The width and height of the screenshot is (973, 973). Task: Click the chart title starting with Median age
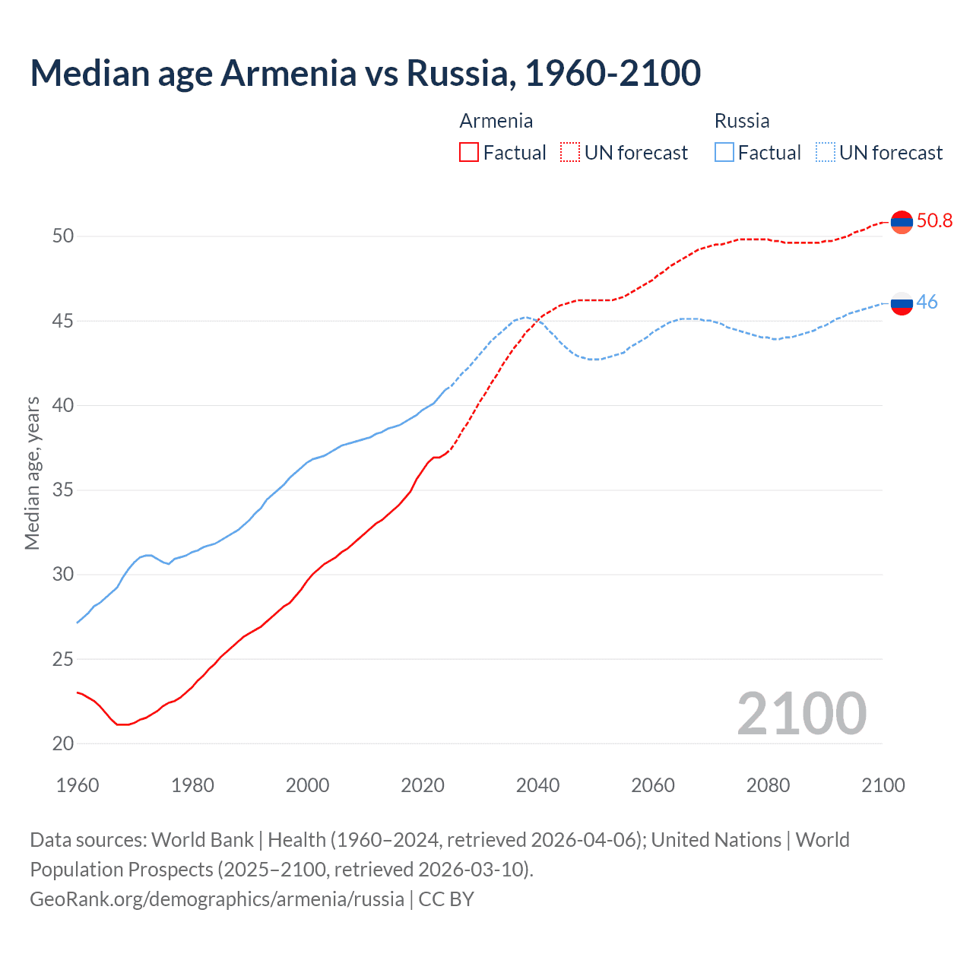click(365, 73)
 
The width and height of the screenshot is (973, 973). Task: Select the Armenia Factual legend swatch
click(469, 152)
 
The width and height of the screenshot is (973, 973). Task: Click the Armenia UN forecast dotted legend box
click(570, 152)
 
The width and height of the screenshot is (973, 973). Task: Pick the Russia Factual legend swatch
click(724, 152)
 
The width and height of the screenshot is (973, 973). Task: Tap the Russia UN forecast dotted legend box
click(826, 152)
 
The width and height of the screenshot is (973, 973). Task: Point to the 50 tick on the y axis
click(63, 236)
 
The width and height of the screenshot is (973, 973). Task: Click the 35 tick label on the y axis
click(63, 490)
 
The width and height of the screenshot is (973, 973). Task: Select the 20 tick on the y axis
click(63, 743)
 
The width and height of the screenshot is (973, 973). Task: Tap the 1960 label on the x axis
click(78, 785)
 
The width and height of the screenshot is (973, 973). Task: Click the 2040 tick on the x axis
click(537, 785)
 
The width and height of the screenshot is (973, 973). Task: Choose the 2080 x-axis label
click(768, 785)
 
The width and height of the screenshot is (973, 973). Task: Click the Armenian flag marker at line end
click(902, 222)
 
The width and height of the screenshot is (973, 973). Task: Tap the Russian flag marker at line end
click(902, 303)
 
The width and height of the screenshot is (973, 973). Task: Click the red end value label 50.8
click(934, 220)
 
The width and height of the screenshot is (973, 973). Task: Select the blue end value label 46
click(927, 302)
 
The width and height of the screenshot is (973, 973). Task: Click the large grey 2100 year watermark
click(801, 713)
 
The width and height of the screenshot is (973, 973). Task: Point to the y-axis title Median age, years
click(32, 473)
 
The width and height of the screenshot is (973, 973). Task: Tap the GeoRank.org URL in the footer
click(217, 899)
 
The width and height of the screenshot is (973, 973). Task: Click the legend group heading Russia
click(742, 121)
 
